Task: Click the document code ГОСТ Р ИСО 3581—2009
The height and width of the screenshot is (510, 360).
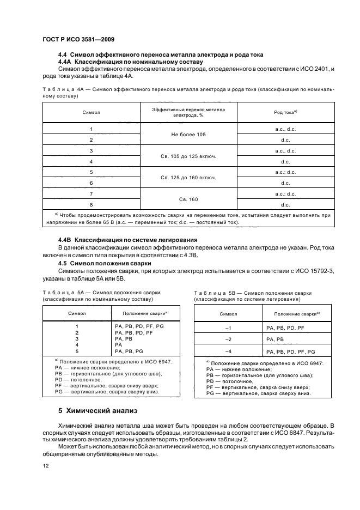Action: (x=77, y=39)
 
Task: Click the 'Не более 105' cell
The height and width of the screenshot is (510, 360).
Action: (x=188, y=133)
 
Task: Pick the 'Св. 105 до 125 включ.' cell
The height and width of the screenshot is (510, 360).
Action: (x=188, y=156)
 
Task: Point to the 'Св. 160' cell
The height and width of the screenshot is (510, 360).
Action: (x=188, y=199)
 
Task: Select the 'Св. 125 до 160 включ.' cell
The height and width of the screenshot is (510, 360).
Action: (x=188, y=178)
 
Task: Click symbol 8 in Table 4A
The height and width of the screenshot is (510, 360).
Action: (x=91, y=204)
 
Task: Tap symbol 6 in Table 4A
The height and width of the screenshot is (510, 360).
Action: (x=91, y=183)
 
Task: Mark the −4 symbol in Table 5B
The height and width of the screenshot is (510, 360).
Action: (x=228, y=351)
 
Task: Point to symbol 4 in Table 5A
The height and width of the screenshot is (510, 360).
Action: (x=77, y=345)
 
